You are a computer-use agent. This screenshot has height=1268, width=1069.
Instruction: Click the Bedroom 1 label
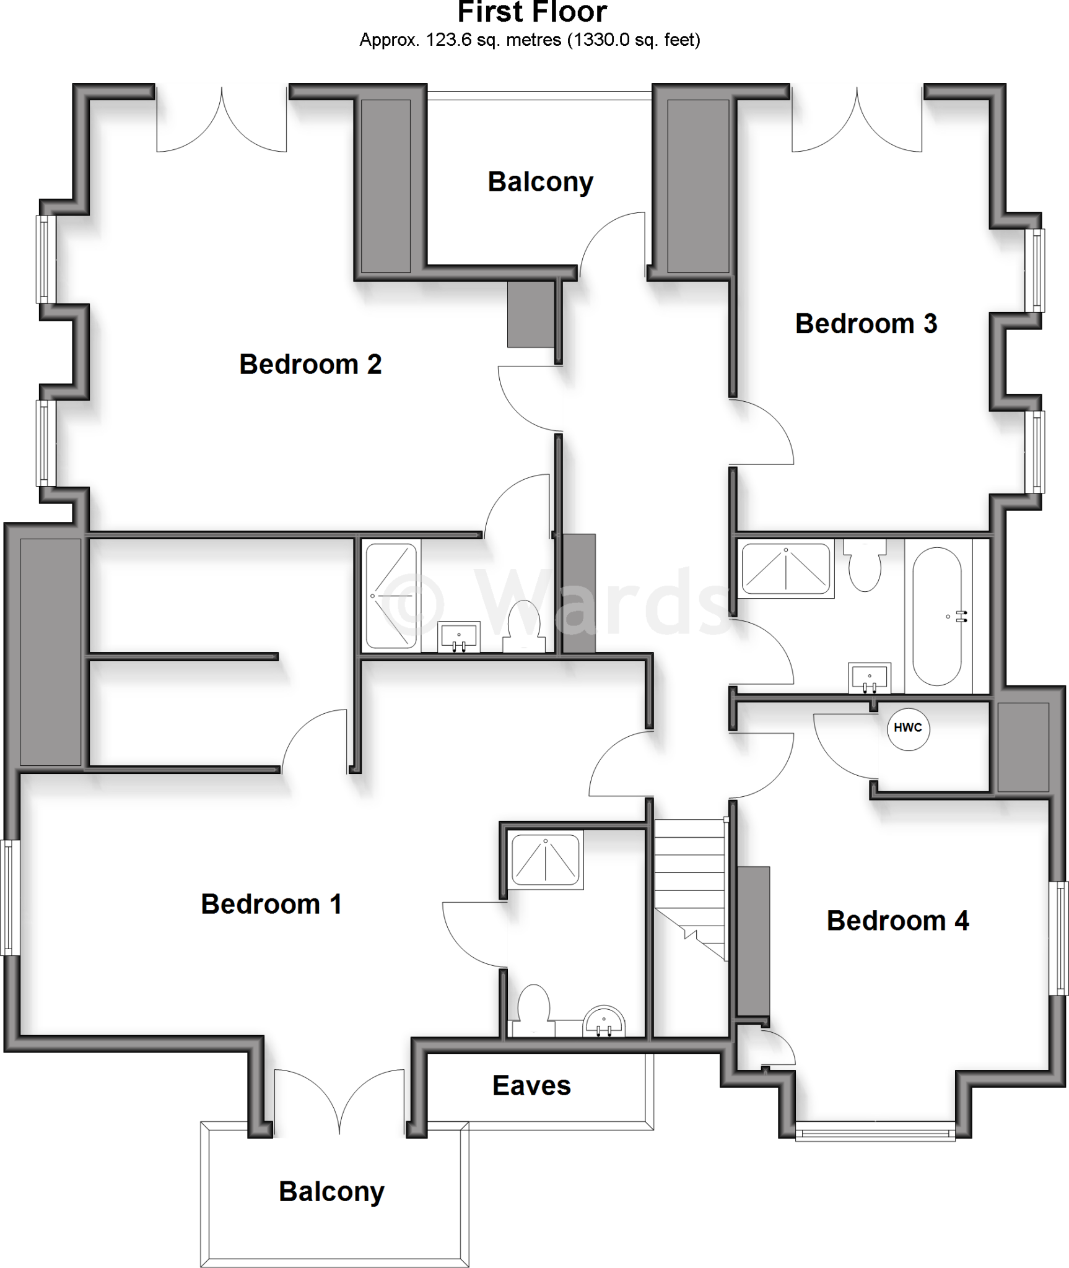(x=271, y=905)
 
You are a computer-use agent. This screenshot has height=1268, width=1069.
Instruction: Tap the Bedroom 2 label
(x=310, y=364)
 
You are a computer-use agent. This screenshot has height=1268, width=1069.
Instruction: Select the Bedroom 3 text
(x=866, y=324)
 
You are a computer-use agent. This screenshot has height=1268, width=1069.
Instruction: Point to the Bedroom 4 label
(x=897, y=921)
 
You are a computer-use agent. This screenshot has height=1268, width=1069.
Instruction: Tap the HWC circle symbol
(x=907, y=728)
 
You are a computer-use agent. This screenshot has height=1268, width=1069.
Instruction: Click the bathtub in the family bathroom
(x=936, y=617)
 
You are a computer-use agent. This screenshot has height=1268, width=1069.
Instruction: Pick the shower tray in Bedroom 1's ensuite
(x=545, y=859)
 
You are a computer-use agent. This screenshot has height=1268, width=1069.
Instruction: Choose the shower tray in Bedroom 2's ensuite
(x=391, y=596)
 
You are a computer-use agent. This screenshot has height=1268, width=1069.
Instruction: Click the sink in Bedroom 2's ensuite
(x=459, y=636)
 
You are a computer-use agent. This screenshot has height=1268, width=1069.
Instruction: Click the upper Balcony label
(x=540, y=182)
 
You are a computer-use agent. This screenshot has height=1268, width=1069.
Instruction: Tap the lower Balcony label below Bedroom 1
(x=331, y=1192)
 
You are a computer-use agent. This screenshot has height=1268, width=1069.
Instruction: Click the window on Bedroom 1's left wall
(x=9, y=897)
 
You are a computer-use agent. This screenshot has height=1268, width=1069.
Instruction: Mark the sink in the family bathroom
(x=870, y=677)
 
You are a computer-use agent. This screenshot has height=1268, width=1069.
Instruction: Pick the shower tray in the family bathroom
(x=785, y=568)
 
